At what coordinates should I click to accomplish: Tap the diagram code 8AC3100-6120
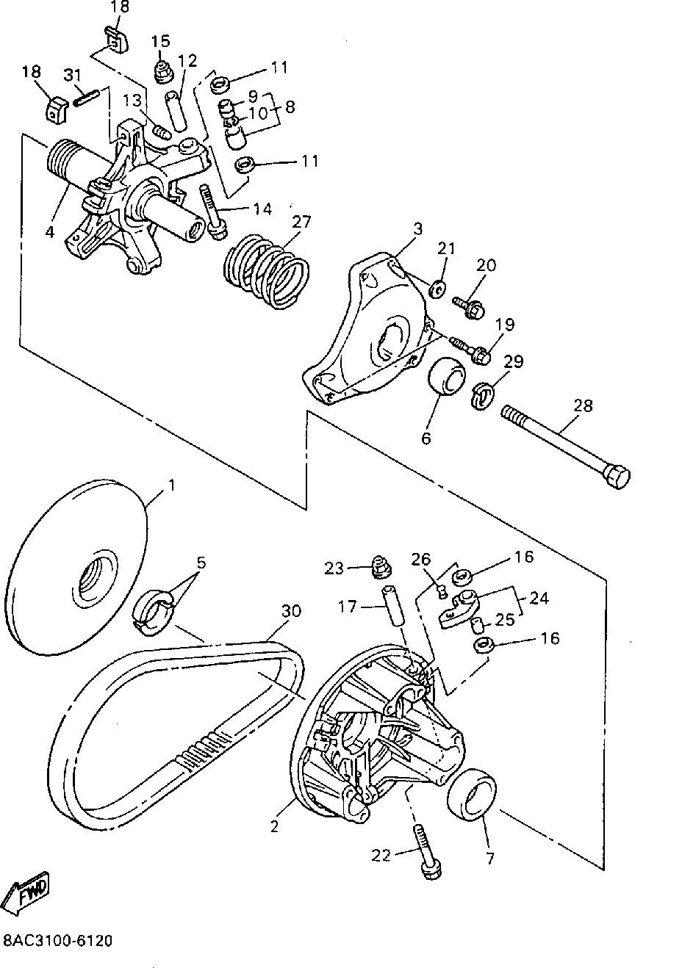click(58, 941)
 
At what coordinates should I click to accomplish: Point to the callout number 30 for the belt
click(291, 611)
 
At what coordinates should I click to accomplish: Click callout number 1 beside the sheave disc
click(171, 485)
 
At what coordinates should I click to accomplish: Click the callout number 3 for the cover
click(417, 228)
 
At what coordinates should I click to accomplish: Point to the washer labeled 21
click(438, 288)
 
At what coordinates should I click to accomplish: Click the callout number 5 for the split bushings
click(200, 563)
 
